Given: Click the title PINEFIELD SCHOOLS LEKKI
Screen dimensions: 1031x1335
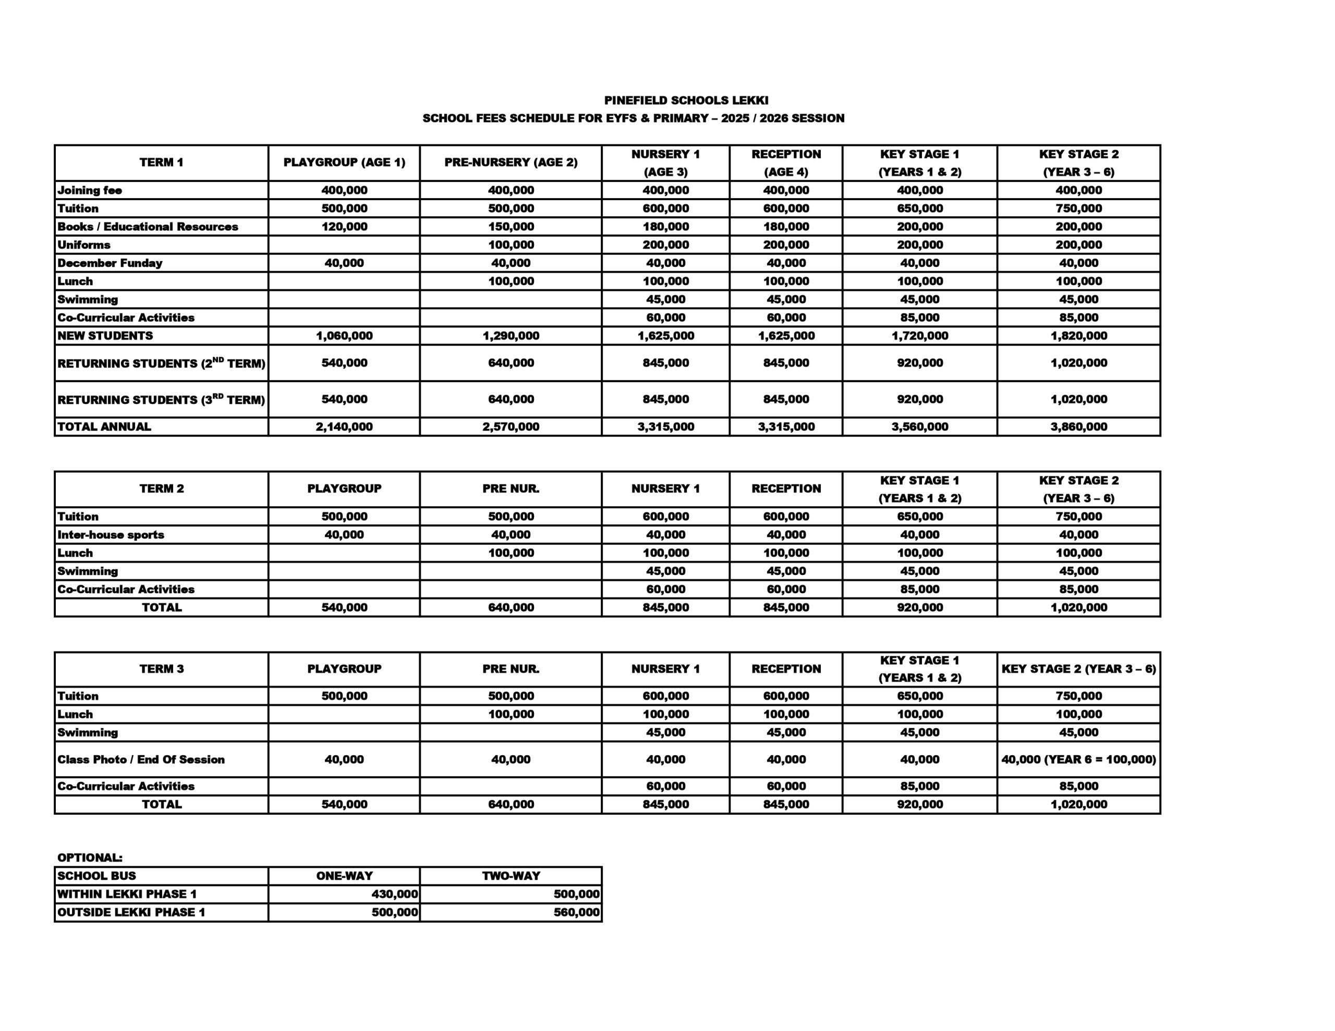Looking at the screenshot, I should click(x=686, y=100).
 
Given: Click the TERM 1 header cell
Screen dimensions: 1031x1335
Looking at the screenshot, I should click(x=161, y=163).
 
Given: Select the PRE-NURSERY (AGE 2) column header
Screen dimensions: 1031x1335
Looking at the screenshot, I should click(x=511, y=163).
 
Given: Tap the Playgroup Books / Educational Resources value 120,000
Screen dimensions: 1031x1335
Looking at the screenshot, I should click(x=344, y=227).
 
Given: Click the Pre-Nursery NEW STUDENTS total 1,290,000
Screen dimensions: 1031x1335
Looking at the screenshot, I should click(x=511, y=336).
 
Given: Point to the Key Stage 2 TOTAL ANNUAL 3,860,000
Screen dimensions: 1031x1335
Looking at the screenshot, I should click(x=1078, y=426).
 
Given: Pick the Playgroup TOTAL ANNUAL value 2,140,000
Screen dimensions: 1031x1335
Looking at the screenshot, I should click(x=344, y=426).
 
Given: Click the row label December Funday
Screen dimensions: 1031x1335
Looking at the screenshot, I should click(x=110, y=263).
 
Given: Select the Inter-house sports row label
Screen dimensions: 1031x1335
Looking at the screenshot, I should click(x=111, y=535).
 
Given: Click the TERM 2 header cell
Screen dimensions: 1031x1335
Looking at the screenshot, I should click(x=161, y=489).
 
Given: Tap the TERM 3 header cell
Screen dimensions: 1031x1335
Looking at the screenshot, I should click(x=161, y=669).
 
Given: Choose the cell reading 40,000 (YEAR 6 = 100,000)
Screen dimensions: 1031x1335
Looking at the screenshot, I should click(x=1078, y=759).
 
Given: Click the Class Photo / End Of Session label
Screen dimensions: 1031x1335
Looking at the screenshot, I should click(x=141, y=759).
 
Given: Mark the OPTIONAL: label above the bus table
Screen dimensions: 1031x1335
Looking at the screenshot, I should click(x=90, y=857).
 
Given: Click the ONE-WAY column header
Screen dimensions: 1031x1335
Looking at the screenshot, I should click(x=344, y=876).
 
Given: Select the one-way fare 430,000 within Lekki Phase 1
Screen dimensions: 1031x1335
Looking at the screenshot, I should click(x=394, y=894).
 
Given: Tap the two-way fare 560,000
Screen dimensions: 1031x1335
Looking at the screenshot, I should click(x=576, y=913).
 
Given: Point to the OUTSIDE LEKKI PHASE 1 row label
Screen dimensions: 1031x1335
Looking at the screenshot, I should click(x=131, y=913).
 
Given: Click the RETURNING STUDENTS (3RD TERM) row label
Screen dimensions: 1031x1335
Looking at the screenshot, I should click(x=161, y=400).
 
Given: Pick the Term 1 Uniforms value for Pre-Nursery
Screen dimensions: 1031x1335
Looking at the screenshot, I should click(x=511, y=245).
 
